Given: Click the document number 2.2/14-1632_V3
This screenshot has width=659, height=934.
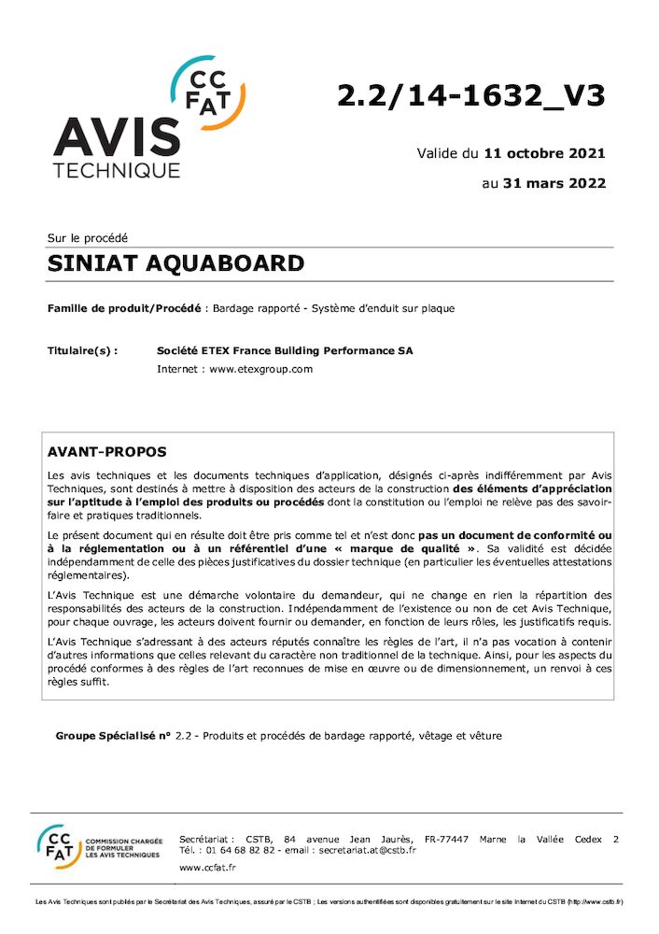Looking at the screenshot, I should click(470, 95).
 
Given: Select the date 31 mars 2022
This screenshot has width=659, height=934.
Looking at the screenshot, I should click(554, 183).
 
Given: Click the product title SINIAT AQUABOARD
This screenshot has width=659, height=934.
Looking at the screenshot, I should click(175, 263).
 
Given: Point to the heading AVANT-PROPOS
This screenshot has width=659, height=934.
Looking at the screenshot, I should click(106, 452).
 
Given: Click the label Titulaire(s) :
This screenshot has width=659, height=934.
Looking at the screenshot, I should click(82, 351).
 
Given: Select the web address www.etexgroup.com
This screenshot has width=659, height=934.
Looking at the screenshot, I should click(260, 369).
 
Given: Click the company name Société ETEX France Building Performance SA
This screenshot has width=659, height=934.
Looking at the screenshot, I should click(285, 351).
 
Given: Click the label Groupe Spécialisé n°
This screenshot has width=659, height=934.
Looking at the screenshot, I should click(113, 736).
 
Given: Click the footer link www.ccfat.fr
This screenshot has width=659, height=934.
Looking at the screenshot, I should click(206, 868).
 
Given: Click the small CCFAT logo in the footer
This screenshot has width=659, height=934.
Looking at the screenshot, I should click(59, 845).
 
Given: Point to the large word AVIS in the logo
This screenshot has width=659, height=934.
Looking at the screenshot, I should click(116, 138).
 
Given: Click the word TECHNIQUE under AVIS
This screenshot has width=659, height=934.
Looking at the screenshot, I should click(116, 171).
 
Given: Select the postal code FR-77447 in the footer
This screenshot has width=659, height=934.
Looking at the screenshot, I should click(445, 839).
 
